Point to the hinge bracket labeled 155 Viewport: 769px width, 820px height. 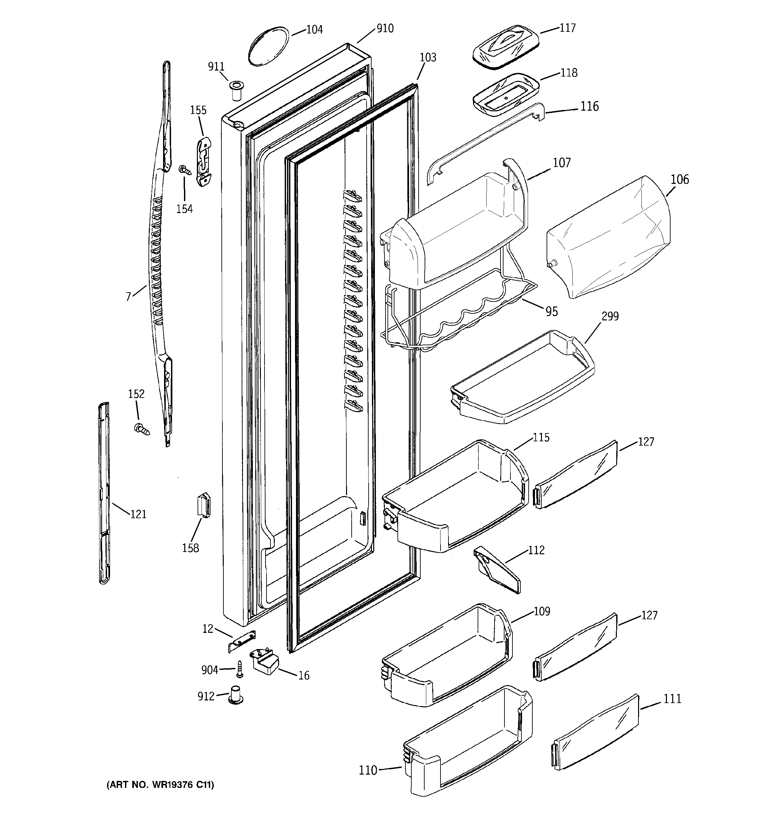pos(204,162)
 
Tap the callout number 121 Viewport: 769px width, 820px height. pos(138,514)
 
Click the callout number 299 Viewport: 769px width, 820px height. pos(610,316)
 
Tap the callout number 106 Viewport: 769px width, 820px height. pos(680,180)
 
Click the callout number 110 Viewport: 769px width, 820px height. pos(368,770)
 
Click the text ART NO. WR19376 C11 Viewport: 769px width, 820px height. pos(160,785)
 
